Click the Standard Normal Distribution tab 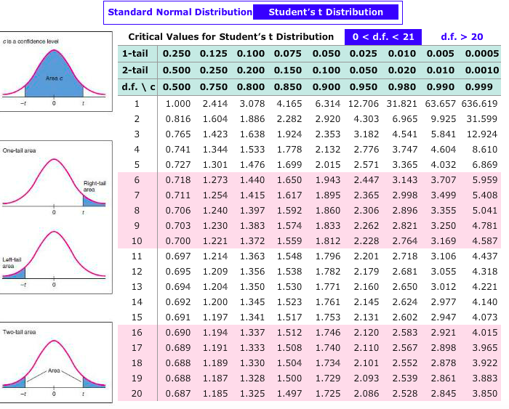tap(180, 12)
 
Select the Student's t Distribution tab tap(325, 12)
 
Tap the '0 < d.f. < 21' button tap(382, 36)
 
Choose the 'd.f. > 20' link tap(462, 36)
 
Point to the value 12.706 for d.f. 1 tap(364, 103)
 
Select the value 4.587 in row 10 tap(483, 240)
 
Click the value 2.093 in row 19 tap(366, 378)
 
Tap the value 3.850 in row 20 tap(483, 393)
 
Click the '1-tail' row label tap(136, 54)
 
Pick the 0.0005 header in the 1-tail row tap(482, 54)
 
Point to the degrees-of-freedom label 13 tap(136, 286)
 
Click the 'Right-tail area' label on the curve tap(95, 186)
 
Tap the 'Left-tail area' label tap(12, 263)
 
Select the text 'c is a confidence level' tap(31, 42)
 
